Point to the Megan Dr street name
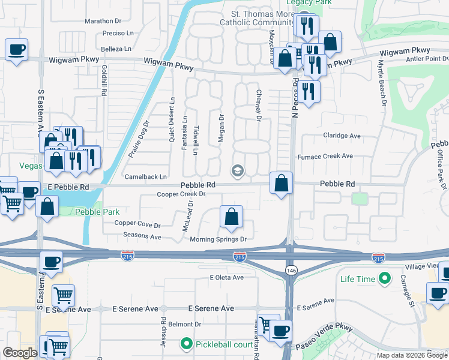click(x=221, y=128)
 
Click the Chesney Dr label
click(x=258, y=106)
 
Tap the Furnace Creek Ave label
click(x=325, y=156)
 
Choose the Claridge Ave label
click(x=342, y=136)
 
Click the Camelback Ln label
click(x=145, y=177)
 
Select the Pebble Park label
click(x=97, y=212)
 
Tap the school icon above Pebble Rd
click(x=238, y=171)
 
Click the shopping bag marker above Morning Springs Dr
click(x=231, y=217)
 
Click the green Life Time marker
click(x=381, y=279)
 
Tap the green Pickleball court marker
click(x=187, y=344)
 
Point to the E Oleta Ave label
click(x=226, y=277)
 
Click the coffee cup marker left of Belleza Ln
click(x=16, y=49)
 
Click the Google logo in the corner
click(x=20, y=353)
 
